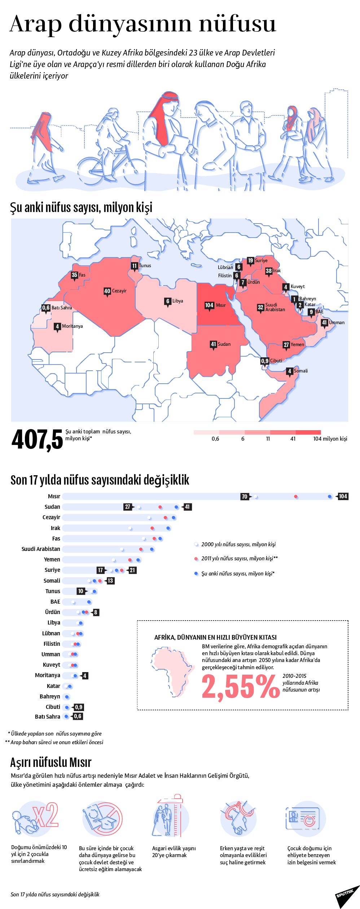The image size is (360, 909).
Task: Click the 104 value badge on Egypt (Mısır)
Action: (x=209, y=305)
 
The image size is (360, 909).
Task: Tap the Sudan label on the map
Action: (x=224, y=344)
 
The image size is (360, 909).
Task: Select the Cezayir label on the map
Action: (x=119, y=291)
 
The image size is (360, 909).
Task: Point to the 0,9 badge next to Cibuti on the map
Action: (x=265, y=361)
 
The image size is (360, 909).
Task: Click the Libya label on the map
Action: (x=177, y=301)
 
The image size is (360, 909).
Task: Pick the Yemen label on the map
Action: (x=297, y=344)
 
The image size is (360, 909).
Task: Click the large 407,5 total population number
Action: (x=37, y=440)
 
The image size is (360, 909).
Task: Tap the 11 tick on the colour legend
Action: (x=268, y=439)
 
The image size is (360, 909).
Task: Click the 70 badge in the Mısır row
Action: (x=245, y=497)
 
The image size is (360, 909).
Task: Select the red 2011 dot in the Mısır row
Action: (x=296, y=497)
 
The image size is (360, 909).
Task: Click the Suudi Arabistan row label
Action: (x=41, y=549)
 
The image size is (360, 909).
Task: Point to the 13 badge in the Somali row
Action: (x=110, y=581)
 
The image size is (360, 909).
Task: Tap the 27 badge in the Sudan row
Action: (x=128, y=507)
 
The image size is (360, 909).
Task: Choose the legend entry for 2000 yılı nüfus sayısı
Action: (x=238, y=544)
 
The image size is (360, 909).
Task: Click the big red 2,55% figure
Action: (x=240, y=687)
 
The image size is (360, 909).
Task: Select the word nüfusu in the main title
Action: (x=238, y=24)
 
